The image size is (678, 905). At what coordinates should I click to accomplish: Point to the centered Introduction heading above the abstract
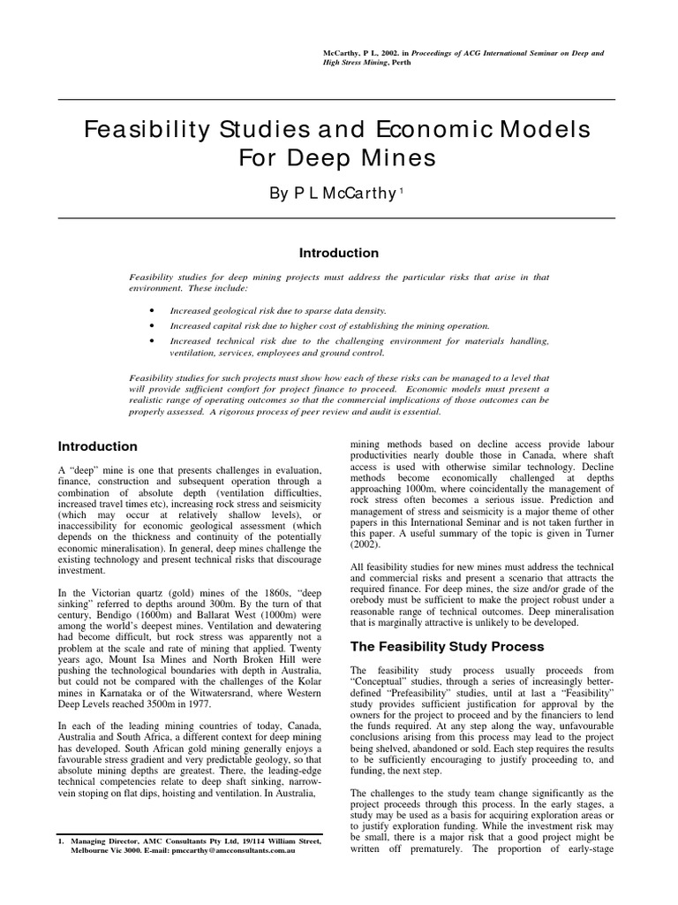click(339, 253)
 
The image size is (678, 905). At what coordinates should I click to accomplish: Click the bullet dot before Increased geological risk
click(154, 312)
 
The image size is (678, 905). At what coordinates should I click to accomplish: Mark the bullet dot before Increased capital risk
click(154, 326)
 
